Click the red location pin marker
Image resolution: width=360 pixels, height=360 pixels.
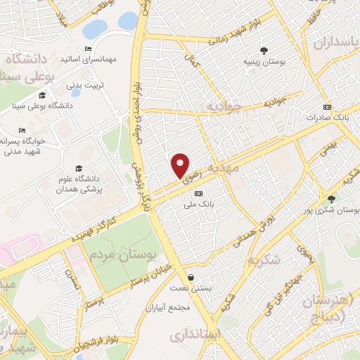[181, 165]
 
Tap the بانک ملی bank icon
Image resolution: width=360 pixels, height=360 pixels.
[199, 193]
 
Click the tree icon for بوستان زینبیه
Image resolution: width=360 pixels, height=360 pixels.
[264, 51]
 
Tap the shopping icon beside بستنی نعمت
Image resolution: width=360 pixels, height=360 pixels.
[192, 277]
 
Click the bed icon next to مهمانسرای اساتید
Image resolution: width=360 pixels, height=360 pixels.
[88, 49]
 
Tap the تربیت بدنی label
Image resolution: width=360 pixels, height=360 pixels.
[84, 85]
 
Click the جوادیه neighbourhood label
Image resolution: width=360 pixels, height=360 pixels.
[224, 106]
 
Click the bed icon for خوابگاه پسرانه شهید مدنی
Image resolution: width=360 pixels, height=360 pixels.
[22, 130]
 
